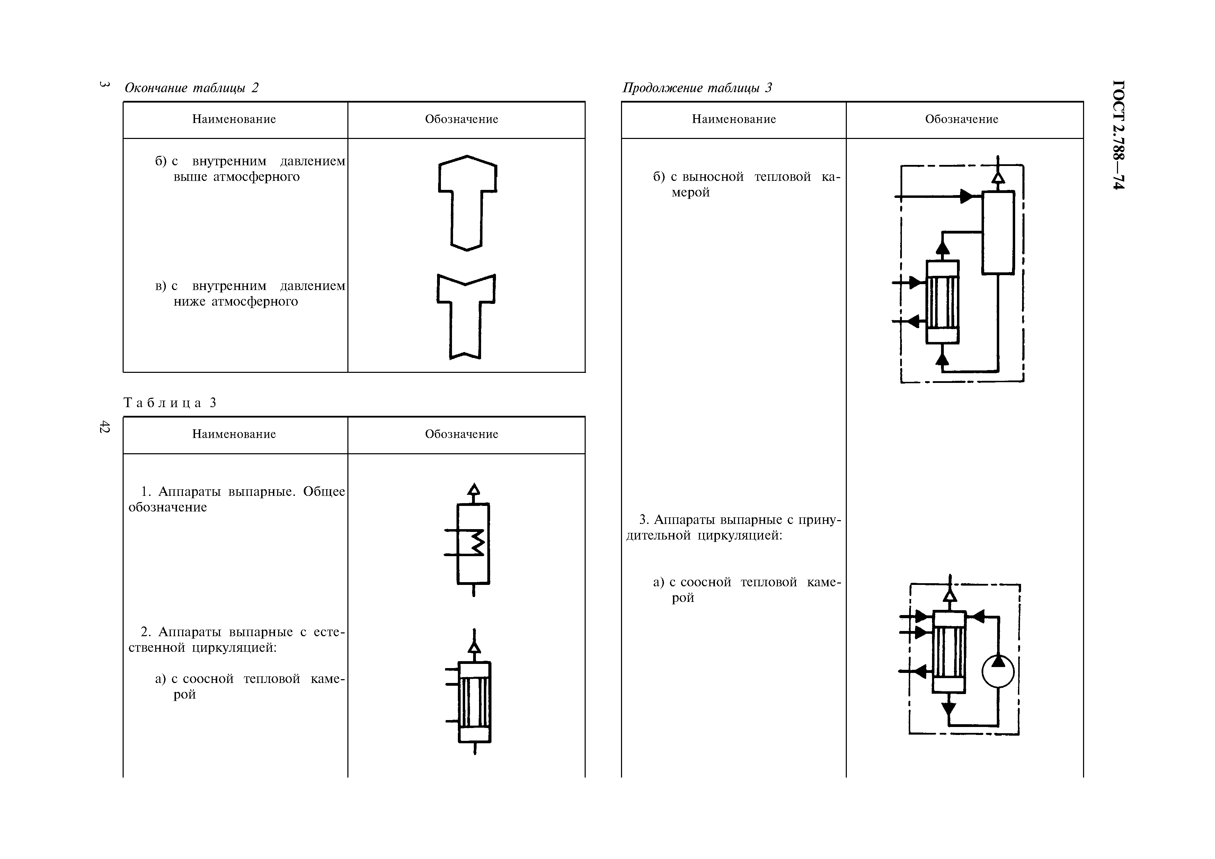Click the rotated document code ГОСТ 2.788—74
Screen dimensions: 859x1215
[x=1118, y=134]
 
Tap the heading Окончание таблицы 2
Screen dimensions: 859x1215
[x=191, y=88]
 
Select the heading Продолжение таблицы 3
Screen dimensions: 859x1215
[x=697, y=88]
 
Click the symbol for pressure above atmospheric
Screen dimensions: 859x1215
[x=467, y=203]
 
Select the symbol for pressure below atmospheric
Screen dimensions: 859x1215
[x=466, y=316]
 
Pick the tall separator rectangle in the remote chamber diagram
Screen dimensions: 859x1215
[x=998, y=233]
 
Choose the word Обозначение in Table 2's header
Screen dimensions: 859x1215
[x=461, y=120]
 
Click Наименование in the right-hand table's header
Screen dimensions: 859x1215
[x=734, y=120]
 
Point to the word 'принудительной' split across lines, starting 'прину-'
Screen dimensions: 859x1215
[x=819, y=520]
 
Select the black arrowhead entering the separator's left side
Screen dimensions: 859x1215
[x=966, y=196]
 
